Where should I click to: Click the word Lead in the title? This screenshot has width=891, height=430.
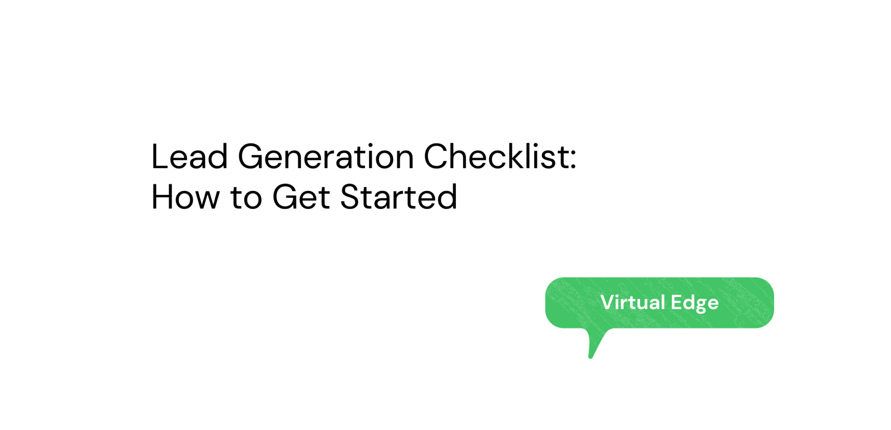[189, 156]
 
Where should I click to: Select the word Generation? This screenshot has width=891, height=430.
[326, 156]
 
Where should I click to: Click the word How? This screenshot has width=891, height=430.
[185, 197]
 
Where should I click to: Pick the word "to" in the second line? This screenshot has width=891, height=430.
[246, 198]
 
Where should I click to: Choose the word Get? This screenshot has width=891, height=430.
[301, 197]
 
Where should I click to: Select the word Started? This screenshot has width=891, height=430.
[399, 197]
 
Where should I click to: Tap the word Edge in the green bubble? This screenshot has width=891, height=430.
[695, 303]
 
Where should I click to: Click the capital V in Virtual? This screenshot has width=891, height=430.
[608, 302]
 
